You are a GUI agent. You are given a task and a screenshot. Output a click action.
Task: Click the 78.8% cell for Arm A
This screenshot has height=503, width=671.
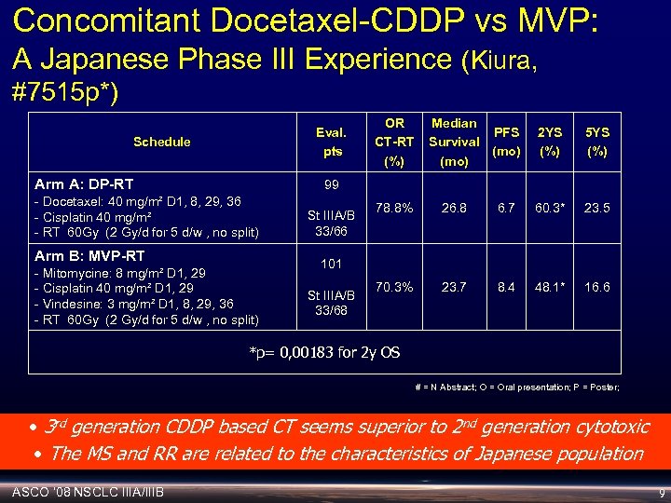pyautogui.click(x=395, y=209)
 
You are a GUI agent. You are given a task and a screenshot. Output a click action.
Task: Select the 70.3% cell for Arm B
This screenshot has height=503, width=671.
pyautogui.click(x=395, y=287)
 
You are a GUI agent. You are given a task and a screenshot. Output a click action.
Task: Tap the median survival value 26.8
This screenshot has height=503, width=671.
pyautogui.click(x=454, y=209)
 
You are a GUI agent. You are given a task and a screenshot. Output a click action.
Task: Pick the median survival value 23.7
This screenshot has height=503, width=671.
pyautogui.click(x=454, y=287)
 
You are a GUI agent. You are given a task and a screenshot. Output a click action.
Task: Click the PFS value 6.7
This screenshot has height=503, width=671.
pyautogui.click(x=506, y=209)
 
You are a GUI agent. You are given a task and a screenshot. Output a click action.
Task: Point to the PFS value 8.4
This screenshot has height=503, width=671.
pyautogui.click(x=506, y=287)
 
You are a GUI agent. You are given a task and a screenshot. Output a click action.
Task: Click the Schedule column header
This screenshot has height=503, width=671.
pyautogui.click(x=161, y=142)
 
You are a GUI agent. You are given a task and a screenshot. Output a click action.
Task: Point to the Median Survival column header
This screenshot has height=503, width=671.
pyautogui.click(x=454, y=142)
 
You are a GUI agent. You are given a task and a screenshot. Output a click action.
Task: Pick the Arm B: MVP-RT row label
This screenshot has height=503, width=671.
pyautogui.click(x=89, y=255)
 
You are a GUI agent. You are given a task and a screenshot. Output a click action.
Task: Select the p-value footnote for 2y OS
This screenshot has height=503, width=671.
pyautogui.click(x=325, y=351)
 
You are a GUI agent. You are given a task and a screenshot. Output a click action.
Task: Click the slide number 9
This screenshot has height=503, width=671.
pyautogui.click(x=660, y=491)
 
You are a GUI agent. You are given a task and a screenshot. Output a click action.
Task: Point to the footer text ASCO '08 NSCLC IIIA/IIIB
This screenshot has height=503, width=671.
pyautogui.click(x=89, y=490)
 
